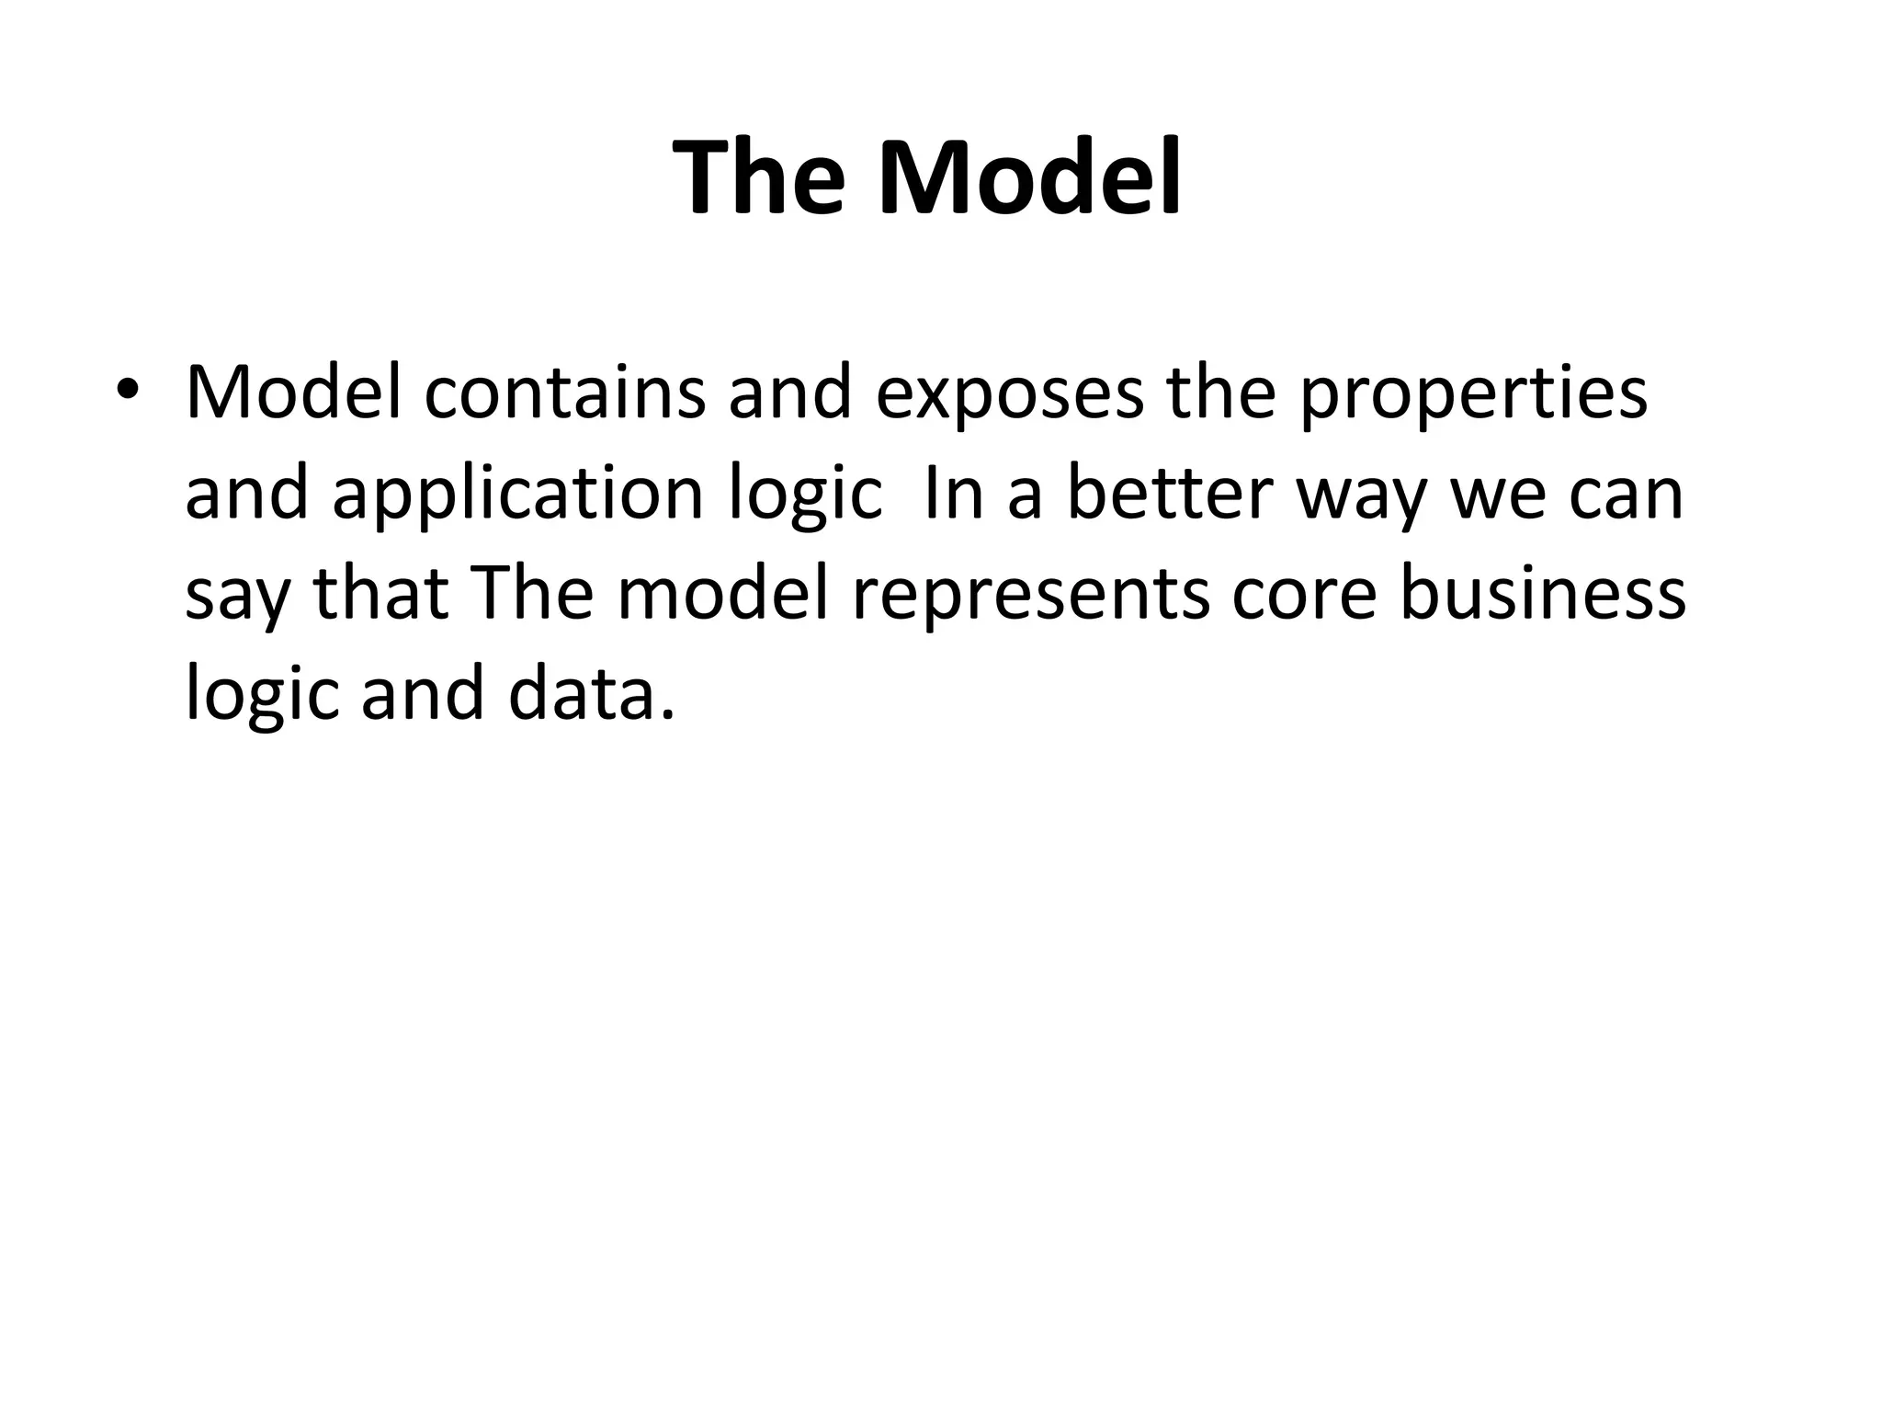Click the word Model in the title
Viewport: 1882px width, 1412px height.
(1029, 177)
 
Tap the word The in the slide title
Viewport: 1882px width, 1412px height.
(758, 177)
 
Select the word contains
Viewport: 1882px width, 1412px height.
(565, 393)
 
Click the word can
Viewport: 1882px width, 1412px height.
(1626, 495)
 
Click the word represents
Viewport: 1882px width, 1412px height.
(1030, 596)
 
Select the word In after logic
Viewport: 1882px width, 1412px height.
(954, 493)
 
